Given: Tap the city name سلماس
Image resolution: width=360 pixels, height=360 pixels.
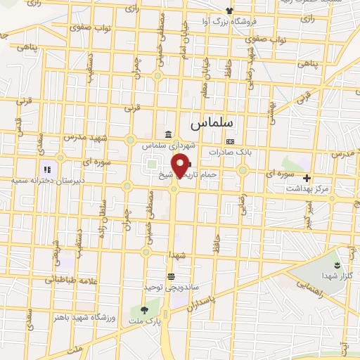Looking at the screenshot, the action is coord(212,122).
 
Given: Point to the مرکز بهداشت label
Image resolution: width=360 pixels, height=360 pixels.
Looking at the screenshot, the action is coord(307,188).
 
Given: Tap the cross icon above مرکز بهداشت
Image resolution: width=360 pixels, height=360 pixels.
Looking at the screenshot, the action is coord(307,178).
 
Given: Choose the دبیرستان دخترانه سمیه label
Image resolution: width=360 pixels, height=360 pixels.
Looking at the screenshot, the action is coord(39,181).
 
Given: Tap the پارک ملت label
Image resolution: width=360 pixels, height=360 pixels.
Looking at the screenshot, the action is coord(145,321).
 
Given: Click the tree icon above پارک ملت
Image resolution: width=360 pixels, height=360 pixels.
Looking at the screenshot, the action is coord(145,309).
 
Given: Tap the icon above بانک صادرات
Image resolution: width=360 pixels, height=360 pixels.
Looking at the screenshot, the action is coord(230,141).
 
